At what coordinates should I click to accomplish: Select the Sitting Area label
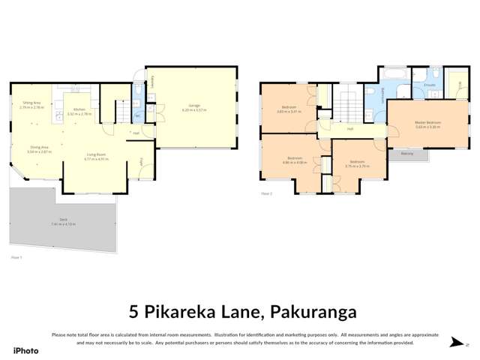coord(31,103)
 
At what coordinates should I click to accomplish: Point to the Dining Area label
coord(39,148)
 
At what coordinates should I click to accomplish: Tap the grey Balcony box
coord(407,153)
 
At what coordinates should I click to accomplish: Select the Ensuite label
coord(430,85)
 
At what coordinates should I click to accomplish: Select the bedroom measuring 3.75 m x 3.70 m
coord(356,163)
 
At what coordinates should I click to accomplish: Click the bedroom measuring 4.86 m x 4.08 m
coord(295,160)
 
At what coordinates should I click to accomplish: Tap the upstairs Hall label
coord(350,129)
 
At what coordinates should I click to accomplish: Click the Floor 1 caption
coord(16,257)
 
